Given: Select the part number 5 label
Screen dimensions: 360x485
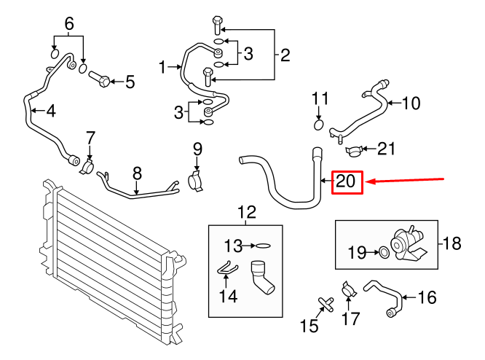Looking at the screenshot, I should pyautogui.click(x=130, y=82).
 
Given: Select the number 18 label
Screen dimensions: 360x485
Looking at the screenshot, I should pyautogui.click(x=452, y=243).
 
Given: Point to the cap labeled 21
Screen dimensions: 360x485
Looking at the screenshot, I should pyautogui.click(x=355, y=151).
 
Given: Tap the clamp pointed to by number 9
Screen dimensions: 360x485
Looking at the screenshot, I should pyautogui.click(x=195, y=179).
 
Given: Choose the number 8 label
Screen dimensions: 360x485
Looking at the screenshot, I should pyautogui.click(x=136, y=173).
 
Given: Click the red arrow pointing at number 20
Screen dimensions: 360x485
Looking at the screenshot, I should pyautogui.click(x=408, y=180).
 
